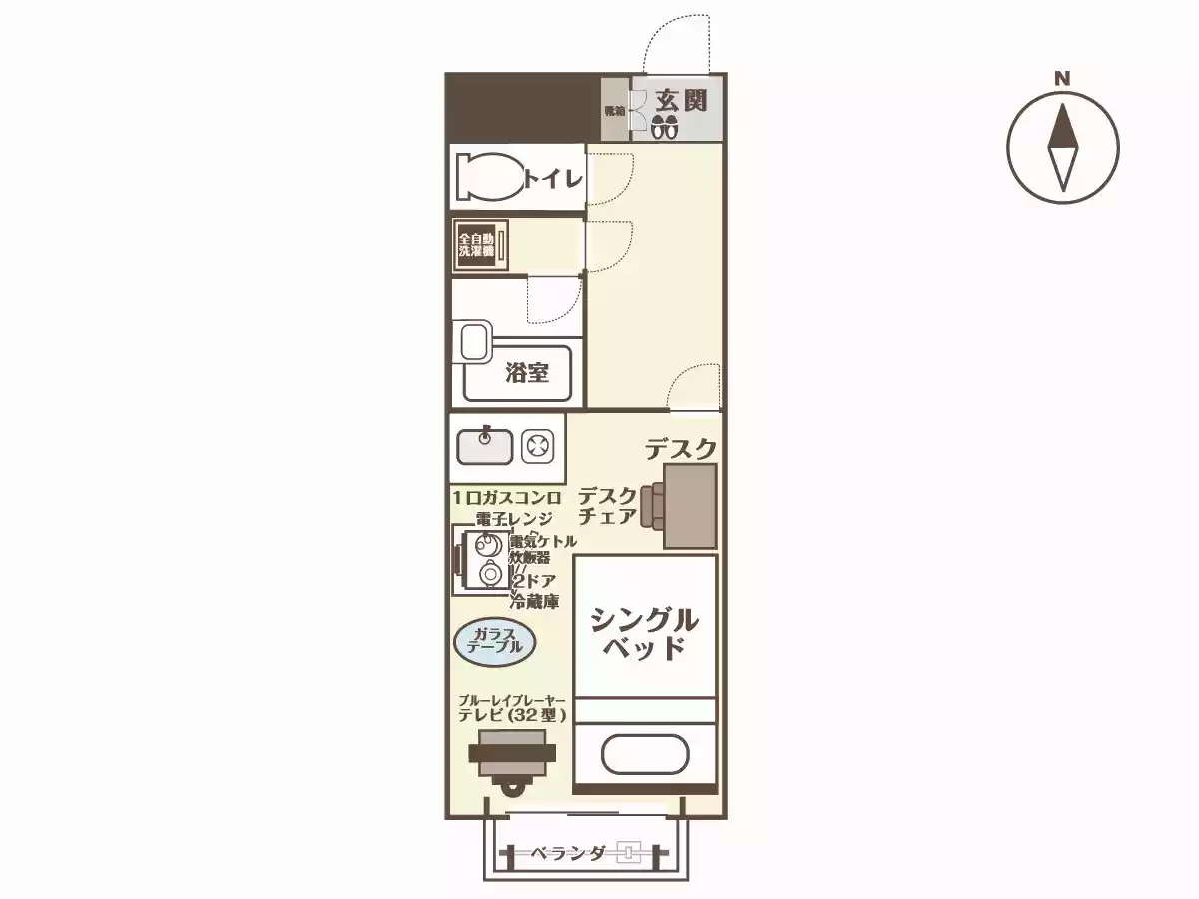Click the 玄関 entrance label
[x=682, y=100]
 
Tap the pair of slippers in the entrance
[x=665, y=127]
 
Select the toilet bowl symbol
[x=488, y=178]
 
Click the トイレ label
[x=552, y=179]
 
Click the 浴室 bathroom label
[x=526, y=373]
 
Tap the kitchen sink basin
[x=485, y=446]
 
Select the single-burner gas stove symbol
[x=538, y=446]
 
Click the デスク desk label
[x=680, y=450]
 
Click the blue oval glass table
[x=495, y=641]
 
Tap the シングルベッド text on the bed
[x=644, y=633]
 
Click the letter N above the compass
[x=1063, y=78]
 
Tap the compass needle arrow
[x=1063, y=147]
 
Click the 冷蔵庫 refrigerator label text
[x=534, y=601]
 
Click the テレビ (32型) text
[x=512, y=715]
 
